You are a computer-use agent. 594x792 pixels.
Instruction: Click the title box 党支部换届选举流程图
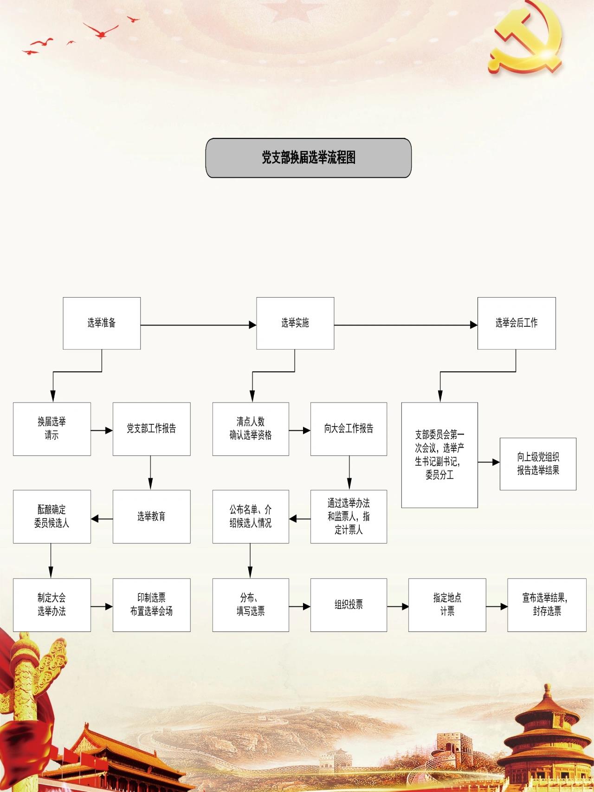[309, 158]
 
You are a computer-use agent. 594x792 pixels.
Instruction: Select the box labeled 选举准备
[102, 323]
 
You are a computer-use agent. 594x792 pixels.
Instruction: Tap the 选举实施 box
[295, 323]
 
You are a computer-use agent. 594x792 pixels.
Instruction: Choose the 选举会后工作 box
[517, 323]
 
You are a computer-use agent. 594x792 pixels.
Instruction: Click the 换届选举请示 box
[52, 429]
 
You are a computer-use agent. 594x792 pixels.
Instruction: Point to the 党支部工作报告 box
[151, 429]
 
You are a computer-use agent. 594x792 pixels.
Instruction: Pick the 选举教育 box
[151, 517]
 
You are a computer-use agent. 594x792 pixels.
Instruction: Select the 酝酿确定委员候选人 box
[52, 517]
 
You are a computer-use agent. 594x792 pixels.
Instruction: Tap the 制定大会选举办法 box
[52, 605]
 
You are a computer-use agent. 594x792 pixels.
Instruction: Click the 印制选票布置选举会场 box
[151, 605]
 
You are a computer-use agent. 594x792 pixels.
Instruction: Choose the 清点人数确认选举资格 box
[251, 429]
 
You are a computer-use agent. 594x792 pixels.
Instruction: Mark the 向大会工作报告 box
[349, 429]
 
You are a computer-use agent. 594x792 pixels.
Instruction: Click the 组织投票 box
[349, 605]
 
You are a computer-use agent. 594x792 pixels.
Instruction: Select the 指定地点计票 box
[447, 605]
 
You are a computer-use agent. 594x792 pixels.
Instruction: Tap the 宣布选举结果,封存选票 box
[547, 605]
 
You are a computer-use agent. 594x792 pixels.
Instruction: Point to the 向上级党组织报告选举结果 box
[538, 464]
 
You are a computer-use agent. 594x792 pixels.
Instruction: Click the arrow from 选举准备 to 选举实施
[199, 325]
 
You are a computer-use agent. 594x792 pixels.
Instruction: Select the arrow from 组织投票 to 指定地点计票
[398, 606]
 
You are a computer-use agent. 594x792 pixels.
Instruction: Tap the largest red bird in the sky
[101, 31]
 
